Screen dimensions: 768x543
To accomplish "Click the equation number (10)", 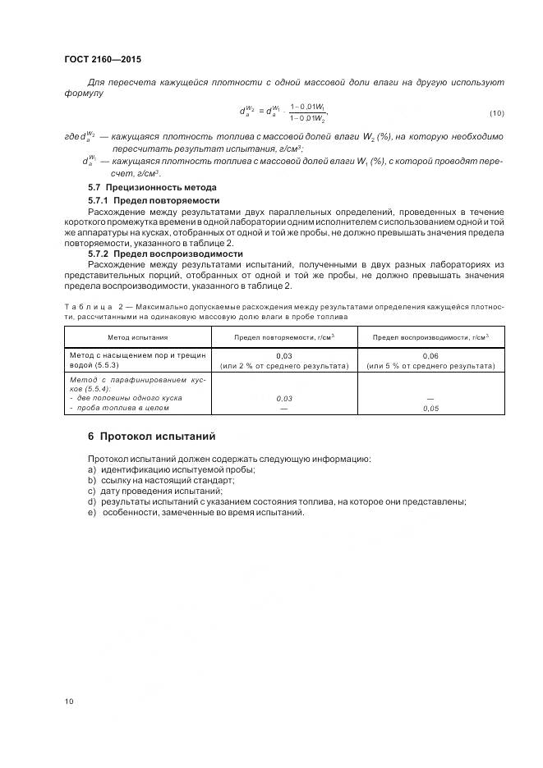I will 496,112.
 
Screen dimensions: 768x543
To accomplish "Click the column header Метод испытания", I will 138,337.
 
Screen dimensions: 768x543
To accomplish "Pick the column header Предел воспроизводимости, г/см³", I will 430,337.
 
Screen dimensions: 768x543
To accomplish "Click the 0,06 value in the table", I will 430,354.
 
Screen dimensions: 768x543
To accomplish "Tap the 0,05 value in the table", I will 430,408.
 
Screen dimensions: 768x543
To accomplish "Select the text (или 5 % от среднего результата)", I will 430,365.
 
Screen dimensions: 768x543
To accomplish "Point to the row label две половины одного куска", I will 128,398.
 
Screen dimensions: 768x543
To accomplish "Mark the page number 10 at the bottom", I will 69,702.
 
